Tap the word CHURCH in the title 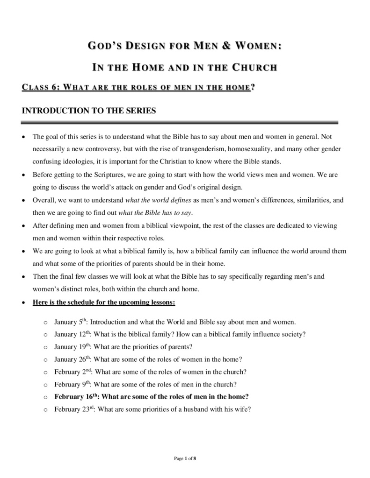254,68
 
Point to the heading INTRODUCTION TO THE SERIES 89,111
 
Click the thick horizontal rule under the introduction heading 180,123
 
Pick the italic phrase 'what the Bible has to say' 155,213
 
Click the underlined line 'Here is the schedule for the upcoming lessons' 104,302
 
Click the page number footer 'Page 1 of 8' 185,459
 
